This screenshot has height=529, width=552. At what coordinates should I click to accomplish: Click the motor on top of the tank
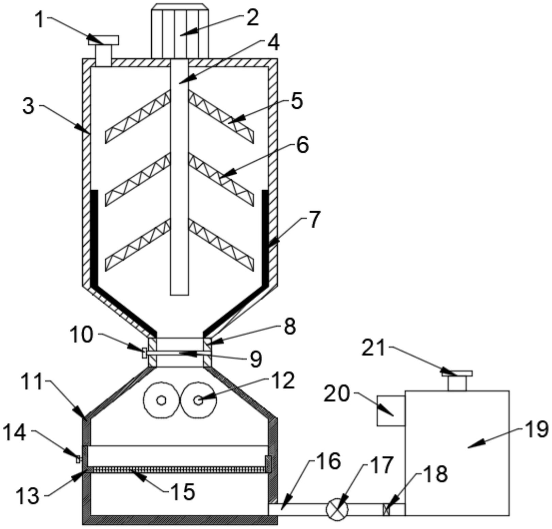[x=180, y=31]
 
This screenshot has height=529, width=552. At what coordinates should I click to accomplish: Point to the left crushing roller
[x=161, y=401]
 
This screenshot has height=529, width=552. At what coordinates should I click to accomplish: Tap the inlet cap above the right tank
[x=457, y=373]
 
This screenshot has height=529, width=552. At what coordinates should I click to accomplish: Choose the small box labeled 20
[x=391, y=410]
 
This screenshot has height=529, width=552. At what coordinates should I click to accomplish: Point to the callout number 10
[x=81, y=335]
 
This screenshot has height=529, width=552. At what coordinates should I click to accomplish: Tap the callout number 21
[x=373, y=348]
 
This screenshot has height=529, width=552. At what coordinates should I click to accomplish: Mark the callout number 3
[x=29, y=106]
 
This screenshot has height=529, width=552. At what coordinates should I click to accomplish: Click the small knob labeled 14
[x=78, y=459]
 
